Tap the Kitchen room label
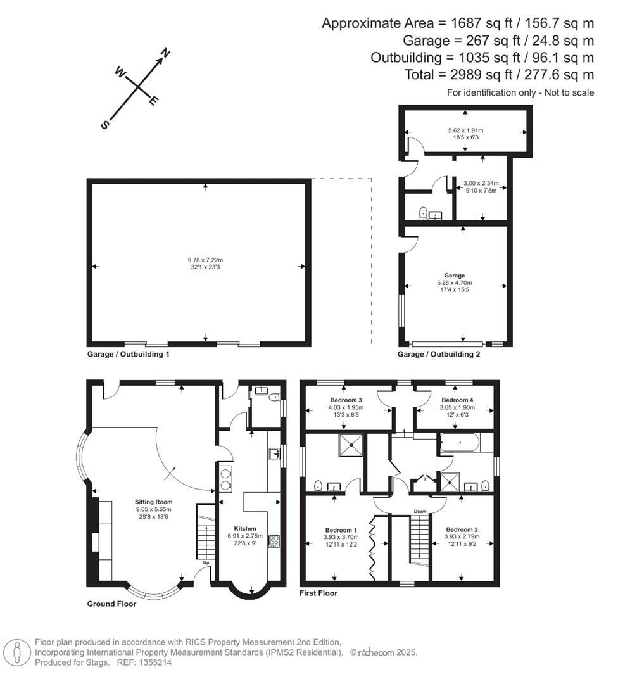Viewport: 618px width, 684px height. tap(245, 528)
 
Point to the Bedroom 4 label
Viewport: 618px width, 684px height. tap(457, 400)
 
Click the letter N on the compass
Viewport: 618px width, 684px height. tap(166, 54)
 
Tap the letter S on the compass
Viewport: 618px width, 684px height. tap(105, 125)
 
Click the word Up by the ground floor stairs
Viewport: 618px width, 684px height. tap(206, 562)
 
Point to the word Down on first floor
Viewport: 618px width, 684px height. tap(420, 511)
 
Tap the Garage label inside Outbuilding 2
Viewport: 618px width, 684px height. tap(454, 275)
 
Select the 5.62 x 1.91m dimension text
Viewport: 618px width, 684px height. tap(465, 130)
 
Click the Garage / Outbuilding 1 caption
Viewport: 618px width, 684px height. tap(128, 354)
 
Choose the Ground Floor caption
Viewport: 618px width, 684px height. tap(111, 604)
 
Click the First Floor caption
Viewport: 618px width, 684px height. tap(318, 593)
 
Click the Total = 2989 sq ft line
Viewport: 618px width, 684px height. tap(499, 75)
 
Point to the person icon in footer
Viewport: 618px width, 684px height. tap(17, 652)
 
